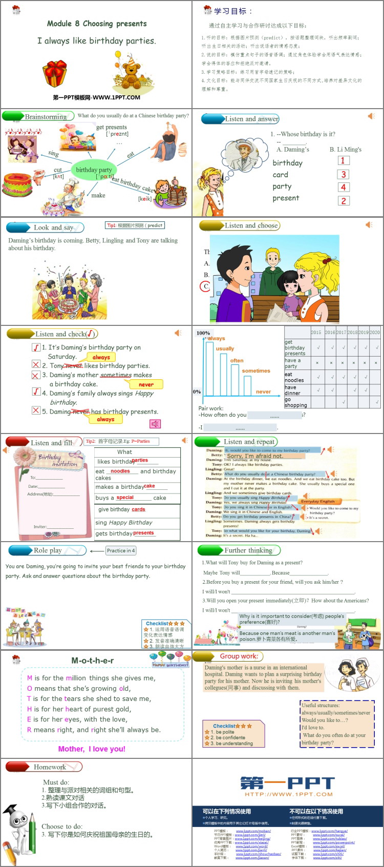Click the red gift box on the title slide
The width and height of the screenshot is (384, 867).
pos(54,74)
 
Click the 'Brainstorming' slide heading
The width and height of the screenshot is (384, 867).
pos(46,117)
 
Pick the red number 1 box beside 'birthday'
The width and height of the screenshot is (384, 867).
pos(343,161)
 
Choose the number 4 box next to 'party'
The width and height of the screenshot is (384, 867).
pos(344,188)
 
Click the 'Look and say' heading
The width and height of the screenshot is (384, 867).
pos(53,228)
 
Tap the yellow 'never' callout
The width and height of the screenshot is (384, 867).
pos(146,384)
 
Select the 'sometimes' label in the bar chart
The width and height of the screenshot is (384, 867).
pos(256,370)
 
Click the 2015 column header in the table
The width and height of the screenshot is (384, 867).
pos(316,332)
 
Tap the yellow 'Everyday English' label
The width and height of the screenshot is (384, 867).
pos(318,501)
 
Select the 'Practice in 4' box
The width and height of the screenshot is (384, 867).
pos(121,551)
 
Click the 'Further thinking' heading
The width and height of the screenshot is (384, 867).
pos(248,550)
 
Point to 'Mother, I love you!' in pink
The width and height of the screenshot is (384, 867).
pos(92,749)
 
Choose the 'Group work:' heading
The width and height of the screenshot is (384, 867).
pos(239,656)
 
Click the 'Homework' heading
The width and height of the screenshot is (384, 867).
pos(50,767)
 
